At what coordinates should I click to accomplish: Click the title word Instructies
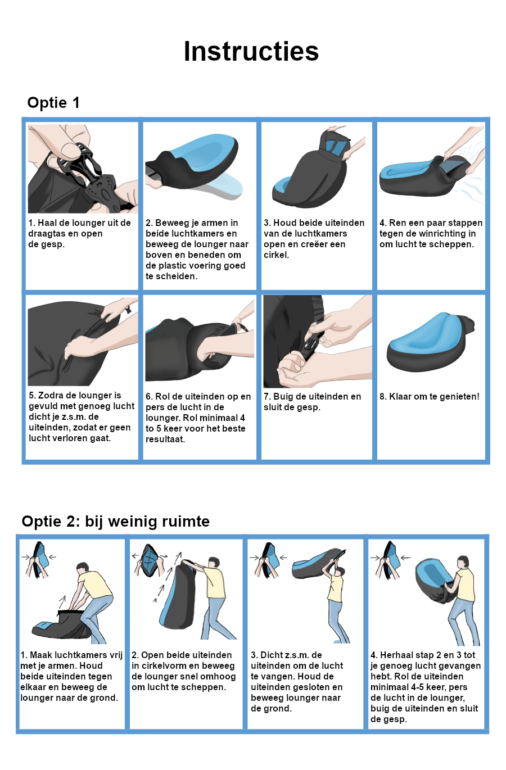pyautogui.click(x=251, y=51)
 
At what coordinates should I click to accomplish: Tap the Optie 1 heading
pyautogui.click(x=53, y=103)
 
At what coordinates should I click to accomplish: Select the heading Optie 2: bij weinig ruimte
pyautogui.click(x=115, y=522)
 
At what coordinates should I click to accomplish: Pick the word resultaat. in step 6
pyautogui.click(x=165, y=440)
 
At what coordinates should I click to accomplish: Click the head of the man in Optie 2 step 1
pyautogui.click(x=83, y=568)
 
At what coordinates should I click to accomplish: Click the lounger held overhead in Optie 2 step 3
pyautogui.click(x=318, y=564)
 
